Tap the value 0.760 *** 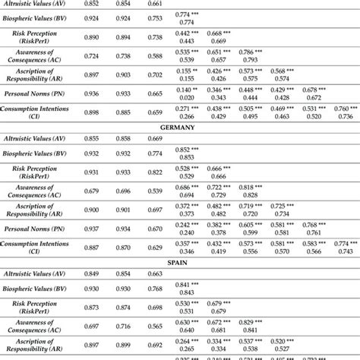[344, 108]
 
